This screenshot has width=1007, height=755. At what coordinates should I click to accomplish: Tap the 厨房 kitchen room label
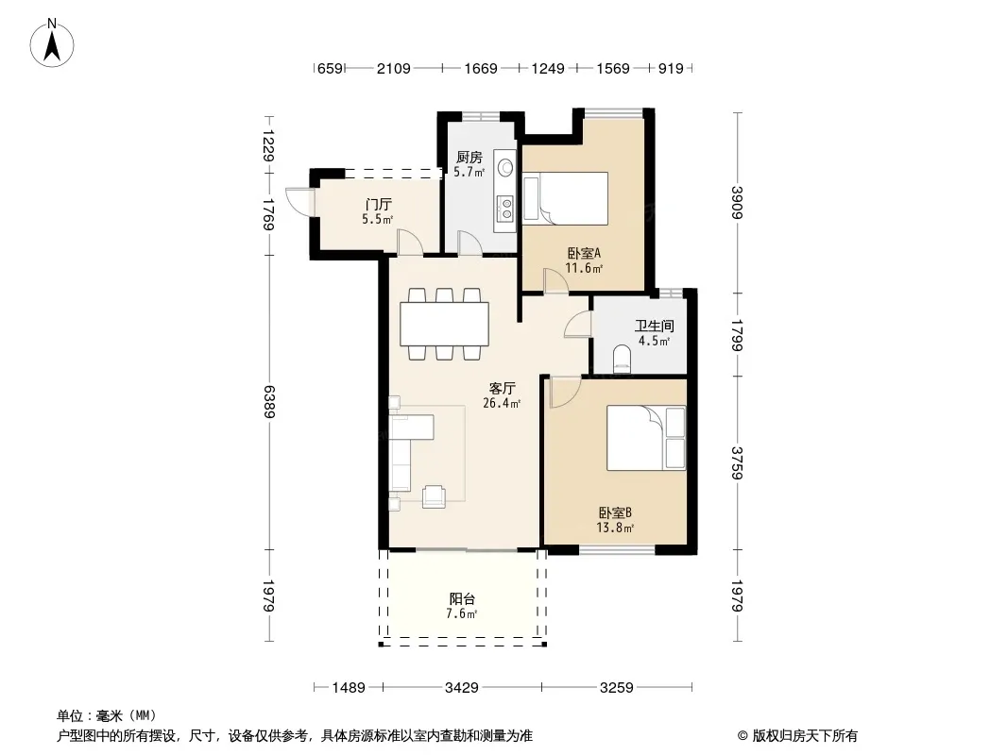[469, 158]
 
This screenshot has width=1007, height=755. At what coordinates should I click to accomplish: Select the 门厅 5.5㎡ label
[378, 211]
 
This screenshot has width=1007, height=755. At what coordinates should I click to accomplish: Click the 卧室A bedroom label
[583, 253]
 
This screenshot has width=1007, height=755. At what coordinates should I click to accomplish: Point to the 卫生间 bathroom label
[654, 326]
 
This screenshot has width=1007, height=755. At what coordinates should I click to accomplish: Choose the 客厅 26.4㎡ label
[502, 395]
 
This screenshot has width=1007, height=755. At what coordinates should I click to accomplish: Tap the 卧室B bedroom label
[615, 513]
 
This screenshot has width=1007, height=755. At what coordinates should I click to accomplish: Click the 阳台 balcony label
[462, 599]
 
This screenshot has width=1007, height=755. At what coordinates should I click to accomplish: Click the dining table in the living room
[444, 324]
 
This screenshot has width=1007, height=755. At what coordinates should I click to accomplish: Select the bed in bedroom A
[565, 198]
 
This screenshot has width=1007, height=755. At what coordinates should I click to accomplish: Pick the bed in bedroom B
[646, 438]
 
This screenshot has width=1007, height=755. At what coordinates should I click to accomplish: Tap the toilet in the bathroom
[623, 360]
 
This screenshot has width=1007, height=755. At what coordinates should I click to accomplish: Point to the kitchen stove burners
[506, 209]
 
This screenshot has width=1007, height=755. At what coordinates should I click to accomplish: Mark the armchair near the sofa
[435, 496]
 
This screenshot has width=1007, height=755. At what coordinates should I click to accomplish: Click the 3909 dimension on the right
[737, 203]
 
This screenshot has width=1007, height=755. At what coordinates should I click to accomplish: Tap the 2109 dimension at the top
[394, 68]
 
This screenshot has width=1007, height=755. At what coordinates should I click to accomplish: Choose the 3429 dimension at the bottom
[462, 688]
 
